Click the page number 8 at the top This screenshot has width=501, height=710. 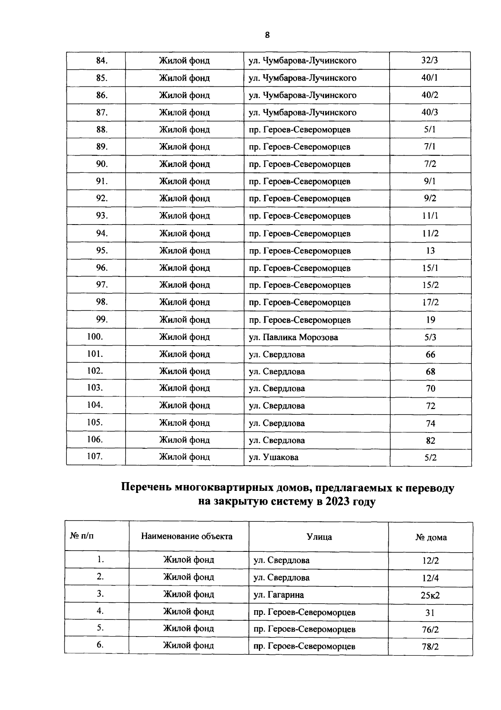tap(267, 35)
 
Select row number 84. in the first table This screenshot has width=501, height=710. tap(102, 61)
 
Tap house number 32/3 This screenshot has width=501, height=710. tap(430, 61)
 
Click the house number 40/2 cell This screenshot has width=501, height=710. tap(430, 95)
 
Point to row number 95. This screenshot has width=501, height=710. tap(102, 250)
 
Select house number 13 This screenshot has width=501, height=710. tap(430, 251)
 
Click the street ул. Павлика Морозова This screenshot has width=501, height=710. tap(294, 337)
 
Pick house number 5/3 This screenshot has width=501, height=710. tap(430, 337)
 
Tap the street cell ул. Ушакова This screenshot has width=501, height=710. tap(274, 457)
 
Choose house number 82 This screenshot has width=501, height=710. tap(430, 441)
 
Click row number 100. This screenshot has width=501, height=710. tap(95, 337)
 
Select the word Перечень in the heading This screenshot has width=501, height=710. tap(146, 488)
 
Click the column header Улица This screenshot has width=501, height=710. tap(319, 537)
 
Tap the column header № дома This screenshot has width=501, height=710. tap(431, 538)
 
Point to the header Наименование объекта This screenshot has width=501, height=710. tap(187, 536)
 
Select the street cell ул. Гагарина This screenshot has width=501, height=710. tap(279, 595)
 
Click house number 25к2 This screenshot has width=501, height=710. tap(430, 596)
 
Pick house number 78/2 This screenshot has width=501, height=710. tap(430, 647)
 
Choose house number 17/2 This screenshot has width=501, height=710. tap(430, 303)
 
